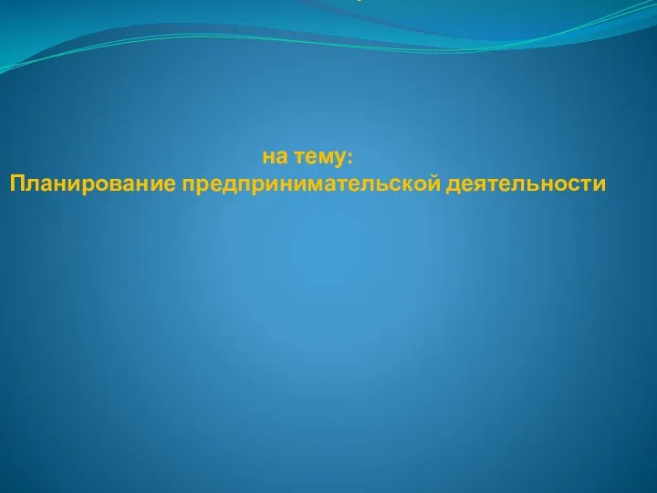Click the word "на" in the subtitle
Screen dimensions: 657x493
[275, 158]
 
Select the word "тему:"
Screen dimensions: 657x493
[324, 159]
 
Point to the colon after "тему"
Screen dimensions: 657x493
[350, 159]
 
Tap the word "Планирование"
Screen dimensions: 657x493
[92, 184]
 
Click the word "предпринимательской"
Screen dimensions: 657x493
[311, 184]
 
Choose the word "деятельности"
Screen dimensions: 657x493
[526, 184]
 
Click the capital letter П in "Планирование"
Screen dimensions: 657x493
[17, 184]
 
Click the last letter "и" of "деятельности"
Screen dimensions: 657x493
[600, 185]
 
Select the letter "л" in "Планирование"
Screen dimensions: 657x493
[33, 185]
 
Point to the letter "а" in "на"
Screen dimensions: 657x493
[282, 159]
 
